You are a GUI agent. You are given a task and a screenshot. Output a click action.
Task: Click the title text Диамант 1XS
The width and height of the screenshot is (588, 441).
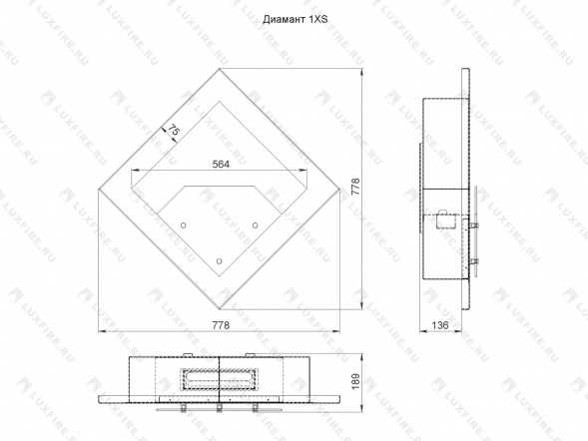(295, 20)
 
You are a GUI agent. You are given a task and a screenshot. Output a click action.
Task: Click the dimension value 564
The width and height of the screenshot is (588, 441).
(221, 164)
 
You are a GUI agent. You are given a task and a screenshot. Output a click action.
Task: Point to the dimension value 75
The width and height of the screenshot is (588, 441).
(174, 130)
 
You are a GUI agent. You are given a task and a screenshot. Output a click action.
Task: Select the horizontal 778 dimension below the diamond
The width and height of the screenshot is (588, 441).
(221, 325)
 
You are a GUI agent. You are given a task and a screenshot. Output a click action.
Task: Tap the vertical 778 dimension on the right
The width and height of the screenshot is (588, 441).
(355, 187)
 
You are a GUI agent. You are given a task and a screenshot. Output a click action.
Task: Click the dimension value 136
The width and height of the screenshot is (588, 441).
(440, 325)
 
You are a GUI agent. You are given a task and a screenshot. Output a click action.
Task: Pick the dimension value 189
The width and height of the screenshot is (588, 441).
(355, 381)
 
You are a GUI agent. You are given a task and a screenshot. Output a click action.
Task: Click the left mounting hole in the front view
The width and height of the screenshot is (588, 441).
(184, 225)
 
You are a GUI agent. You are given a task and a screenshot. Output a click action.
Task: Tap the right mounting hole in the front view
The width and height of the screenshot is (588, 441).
(255, 225)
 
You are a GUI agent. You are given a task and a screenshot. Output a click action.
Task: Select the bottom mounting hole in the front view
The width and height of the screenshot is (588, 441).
(220, 261)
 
